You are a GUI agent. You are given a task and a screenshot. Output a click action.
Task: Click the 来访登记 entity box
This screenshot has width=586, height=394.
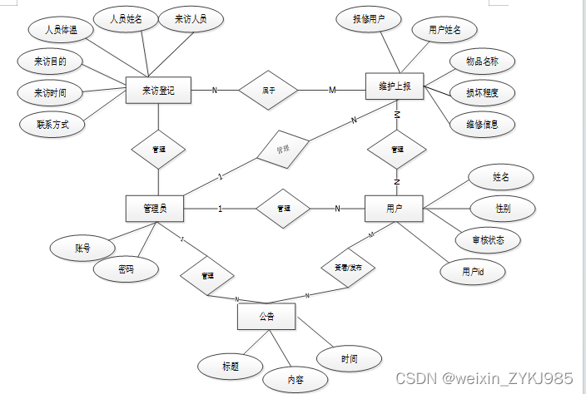pos(158,90)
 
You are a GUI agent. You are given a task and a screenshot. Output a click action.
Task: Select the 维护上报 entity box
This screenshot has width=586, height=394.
pos(395,86)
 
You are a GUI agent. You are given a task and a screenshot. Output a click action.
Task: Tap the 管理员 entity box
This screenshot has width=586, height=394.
pos(154,209)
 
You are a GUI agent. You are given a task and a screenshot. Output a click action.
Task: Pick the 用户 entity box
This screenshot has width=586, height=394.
pos(394,208)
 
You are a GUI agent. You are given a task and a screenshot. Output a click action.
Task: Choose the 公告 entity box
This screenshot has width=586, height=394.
pos(266,317)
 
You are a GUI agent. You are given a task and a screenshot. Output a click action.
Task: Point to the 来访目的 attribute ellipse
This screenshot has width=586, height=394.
pos(51,62)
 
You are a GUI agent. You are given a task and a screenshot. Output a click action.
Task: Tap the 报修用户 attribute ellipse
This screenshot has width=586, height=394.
pos(368,19)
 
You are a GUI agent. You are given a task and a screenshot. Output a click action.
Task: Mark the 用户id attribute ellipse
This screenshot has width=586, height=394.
pos(471,272)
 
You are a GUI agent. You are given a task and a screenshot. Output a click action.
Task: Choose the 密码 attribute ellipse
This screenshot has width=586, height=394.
pos(126,269)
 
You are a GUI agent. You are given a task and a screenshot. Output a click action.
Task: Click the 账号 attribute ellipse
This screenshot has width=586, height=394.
pos(82,248)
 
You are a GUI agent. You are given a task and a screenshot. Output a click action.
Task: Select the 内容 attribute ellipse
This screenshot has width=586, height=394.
pos(295,380)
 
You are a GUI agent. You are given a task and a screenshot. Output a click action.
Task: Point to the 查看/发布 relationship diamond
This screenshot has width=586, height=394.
pos(348,268)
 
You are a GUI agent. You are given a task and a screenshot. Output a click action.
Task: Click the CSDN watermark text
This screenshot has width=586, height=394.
pos(484,379)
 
